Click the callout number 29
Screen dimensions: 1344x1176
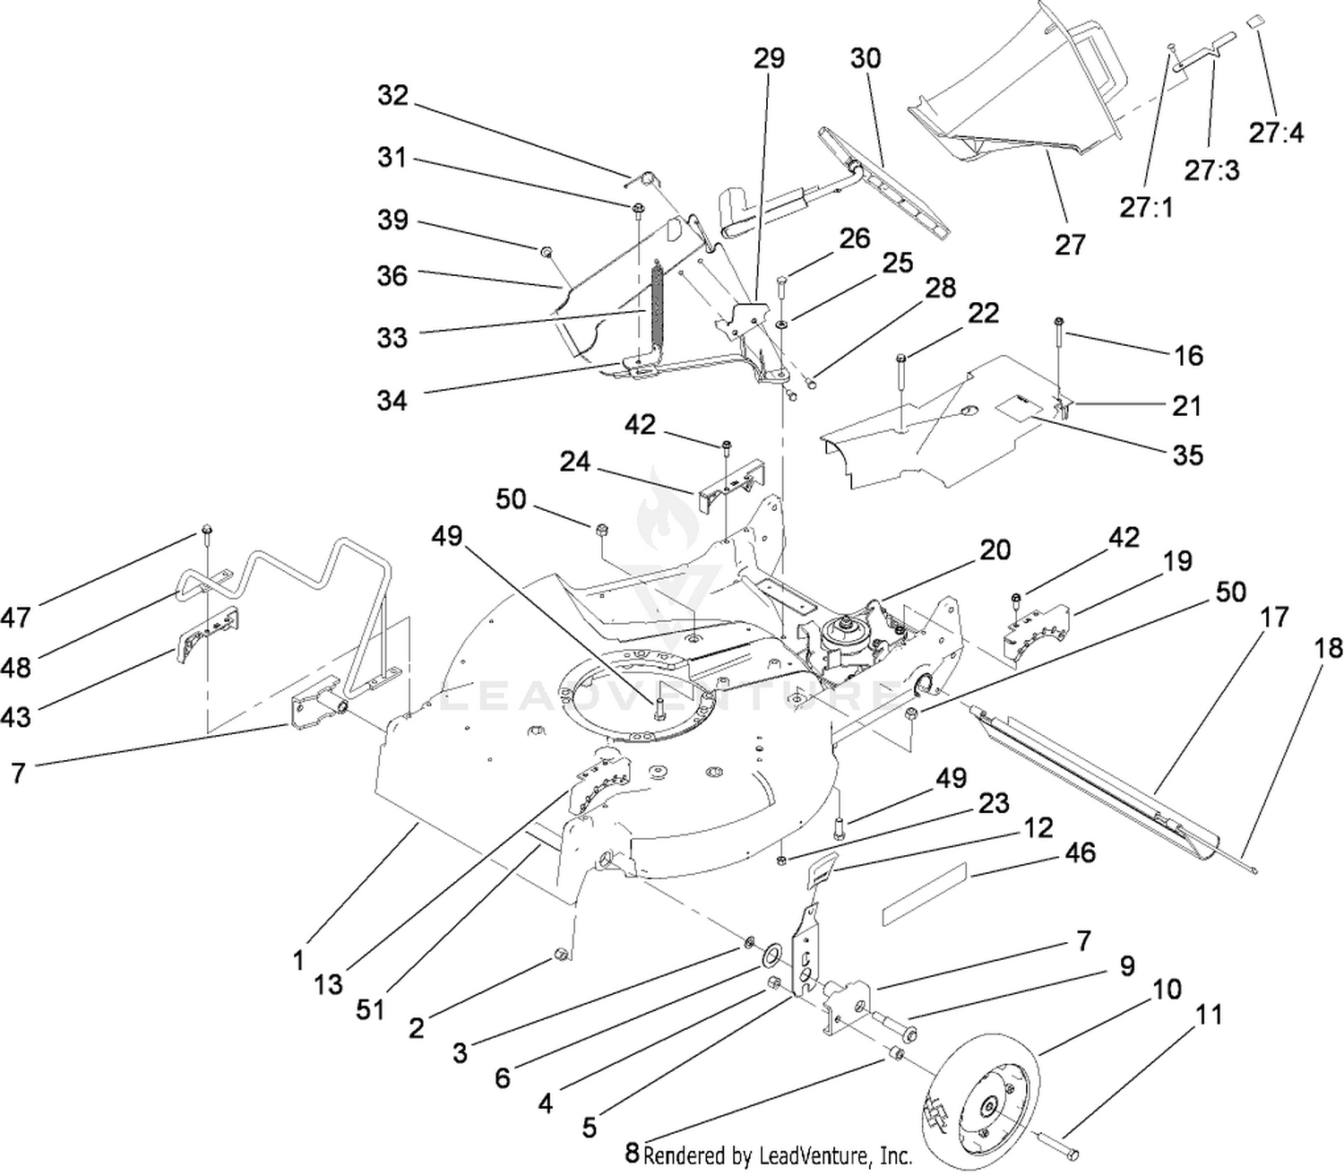click(x=769, y=58)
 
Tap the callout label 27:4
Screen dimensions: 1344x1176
click(x=1276, y=134)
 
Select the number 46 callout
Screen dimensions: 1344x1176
click(x=1080, y=852)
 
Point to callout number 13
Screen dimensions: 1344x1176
click(x=328, y=984)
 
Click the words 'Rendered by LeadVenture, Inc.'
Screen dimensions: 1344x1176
click(x=777, y=1155)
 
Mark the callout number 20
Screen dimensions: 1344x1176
click(x=995, y=549)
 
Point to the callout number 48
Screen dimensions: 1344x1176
click(x=16, y=668)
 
